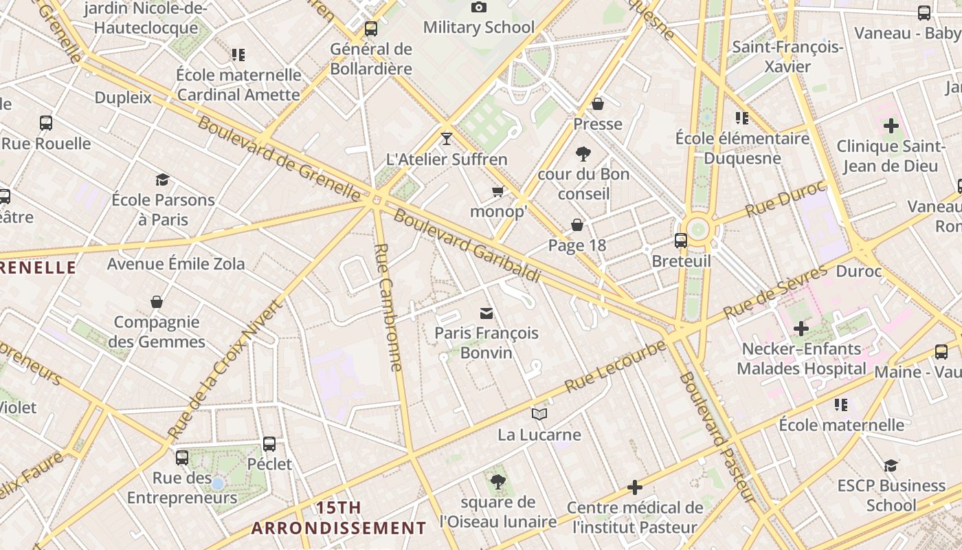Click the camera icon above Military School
click(479, 8)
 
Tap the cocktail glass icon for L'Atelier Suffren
click(447, 139)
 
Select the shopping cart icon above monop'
click(498, 191)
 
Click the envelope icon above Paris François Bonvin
click(486, 313)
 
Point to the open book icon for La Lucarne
click(539, 414)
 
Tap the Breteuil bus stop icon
click(680, 241)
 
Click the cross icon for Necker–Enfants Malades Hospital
click(801, 329)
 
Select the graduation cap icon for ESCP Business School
click(891, 465)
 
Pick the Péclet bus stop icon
click(269, 444)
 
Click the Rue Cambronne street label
click(389, 307)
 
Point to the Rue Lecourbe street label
click(615, 366)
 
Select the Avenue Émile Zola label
click(176, 264)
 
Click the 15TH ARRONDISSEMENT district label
click(338, 518)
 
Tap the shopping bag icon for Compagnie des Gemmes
click(157, 302)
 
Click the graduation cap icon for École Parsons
click(162, 180)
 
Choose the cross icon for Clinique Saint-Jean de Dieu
click(891, 126)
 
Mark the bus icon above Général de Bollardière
click(371, 29)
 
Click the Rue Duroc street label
click(784, 199)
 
